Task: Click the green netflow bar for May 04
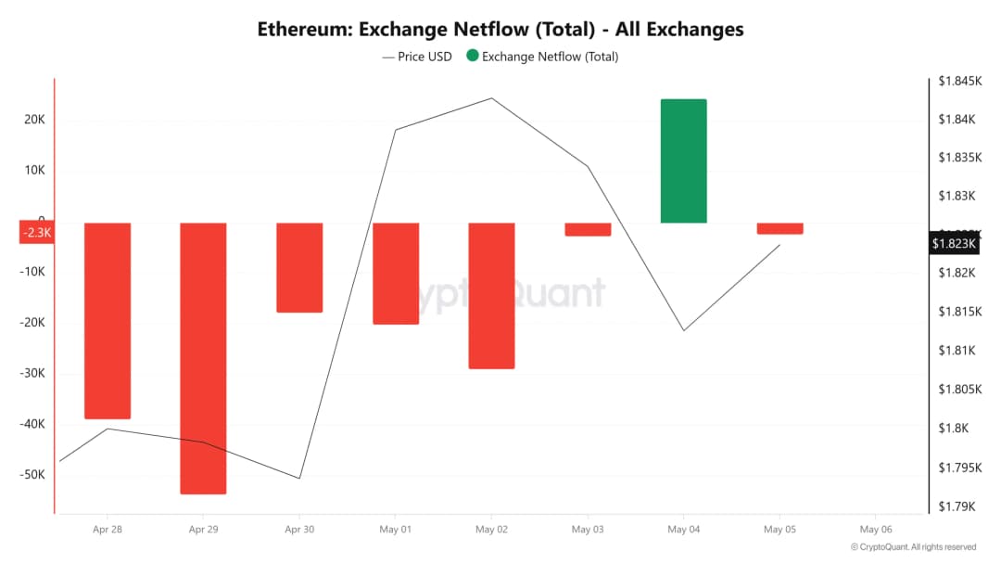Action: pyautogui.click(x=683, y=160)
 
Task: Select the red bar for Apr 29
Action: pyautogui.click(x=203, y=358)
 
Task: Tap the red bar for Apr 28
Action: pyautogui.click(x=108, y=320)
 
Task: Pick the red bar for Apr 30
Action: pyautogui.click(x=299, y=267)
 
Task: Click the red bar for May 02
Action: pyautogui.click(x=491, y=295)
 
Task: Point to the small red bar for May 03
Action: pyautogui.click(x=588, y=229)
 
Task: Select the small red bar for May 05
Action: pyautogui.click(x=779, y=228)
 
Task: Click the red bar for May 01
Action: pyautogui.click(x=396, y=273)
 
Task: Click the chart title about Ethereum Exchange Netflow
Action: pyautogui.click(x=500, y=29)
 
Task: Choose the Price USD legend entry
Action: pyautogui.click(x=417, y=57)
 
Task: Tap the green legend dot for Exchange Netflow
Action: pyautogui.click(x=473, y=57)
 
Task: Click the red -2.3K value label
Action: pyautogui.click(x=37, y=233)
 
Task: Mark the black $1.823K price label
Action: pyautogui.click(x=954, y=244)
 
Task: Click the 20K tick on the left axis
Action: pyautogui.click(x=35, y=120)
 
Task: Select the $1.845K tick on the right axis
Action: pyautogui.click(x=958, y=81)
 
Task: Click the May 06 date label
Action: pyautogui.click(x=875, y=530)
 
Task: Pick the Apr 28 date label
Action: pyautogui.click(x=108, y=530)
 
